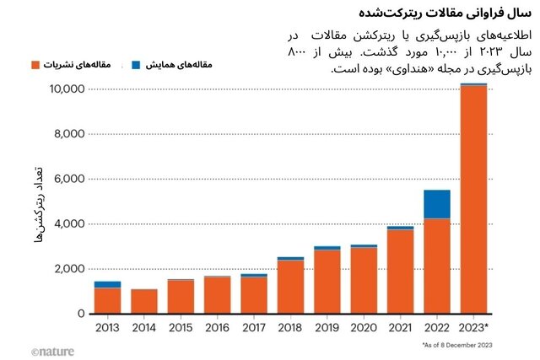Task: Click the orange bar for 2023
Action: pyautogui.click(x=473, y=200)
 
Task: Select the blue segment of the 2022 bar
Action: pyautogui.click(x=436, y=204)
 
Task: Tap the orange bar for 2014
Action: pyautogui.click(x=143, y=301)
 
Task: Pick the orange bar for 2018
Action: pyautogui.click(x=290, y=287)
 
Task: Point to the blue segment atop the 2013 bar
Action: pyautogui.click(x=107, y=284)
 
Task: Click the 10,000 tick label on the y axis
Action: pyautogui.click(x=64, y=89)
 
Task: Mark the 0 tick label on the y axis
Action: pyautogui.click(x=79, y=314)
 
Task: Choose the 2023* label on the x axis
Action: pyautogui.click(x=474, y=328)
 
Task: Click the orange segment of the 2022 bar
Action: pyautogui.click(x=436, y=266)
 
